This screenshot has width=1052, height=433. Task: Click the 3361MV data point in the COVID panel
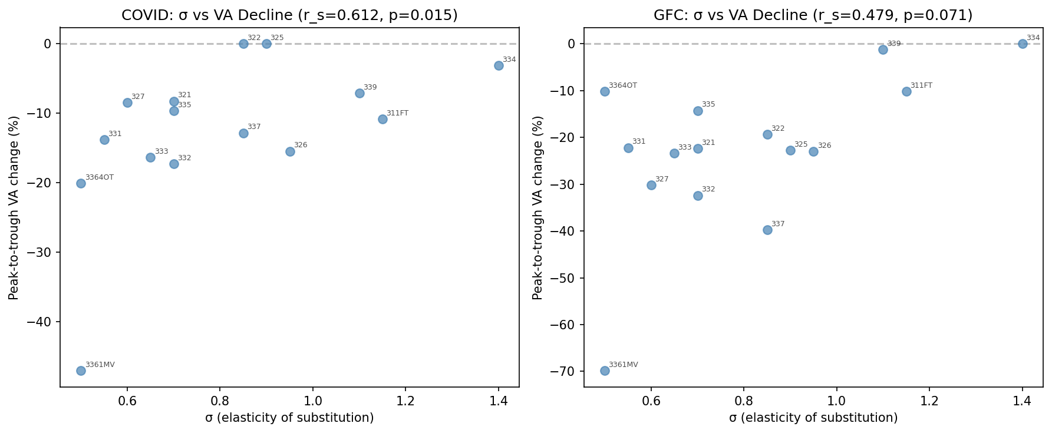coord(81,371)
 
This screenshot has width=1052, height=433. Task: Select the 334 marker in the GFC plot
coord(1023,44)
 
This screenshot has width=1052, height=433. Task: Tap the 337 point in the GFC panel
coord(767,230)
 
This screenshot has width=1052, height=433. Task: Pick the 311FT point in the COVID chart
coord(382,119)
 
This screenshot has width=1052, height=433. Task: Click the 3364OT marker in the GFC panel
coord(605,91)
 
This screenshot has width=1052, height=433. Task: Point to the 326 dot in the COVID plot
coord(290,151)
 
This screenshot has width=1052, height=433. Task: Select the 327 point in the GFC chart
coord(651,185)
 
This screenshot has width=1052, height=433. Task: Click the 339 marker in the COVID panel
coord(360,93)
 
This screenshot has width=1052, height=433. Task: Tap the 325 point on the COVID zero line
coord(266,44)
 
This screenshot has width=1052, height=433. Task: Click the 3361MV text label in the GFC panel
coord(623,365)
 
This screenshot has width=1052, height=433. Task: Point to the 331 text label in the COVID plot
coord(115,134)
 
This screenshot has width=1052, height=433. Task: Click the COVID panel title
coord(289,15)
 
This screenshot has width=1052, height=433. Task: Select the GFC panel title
coord(813,15)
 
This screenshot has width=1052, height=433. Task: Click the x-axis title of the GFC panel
coord(813,418)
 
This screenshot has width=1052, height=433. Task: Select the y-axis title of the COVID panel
coord(14,207)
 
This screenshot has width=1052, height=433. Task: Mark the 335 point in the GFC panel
coord(698,111)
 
